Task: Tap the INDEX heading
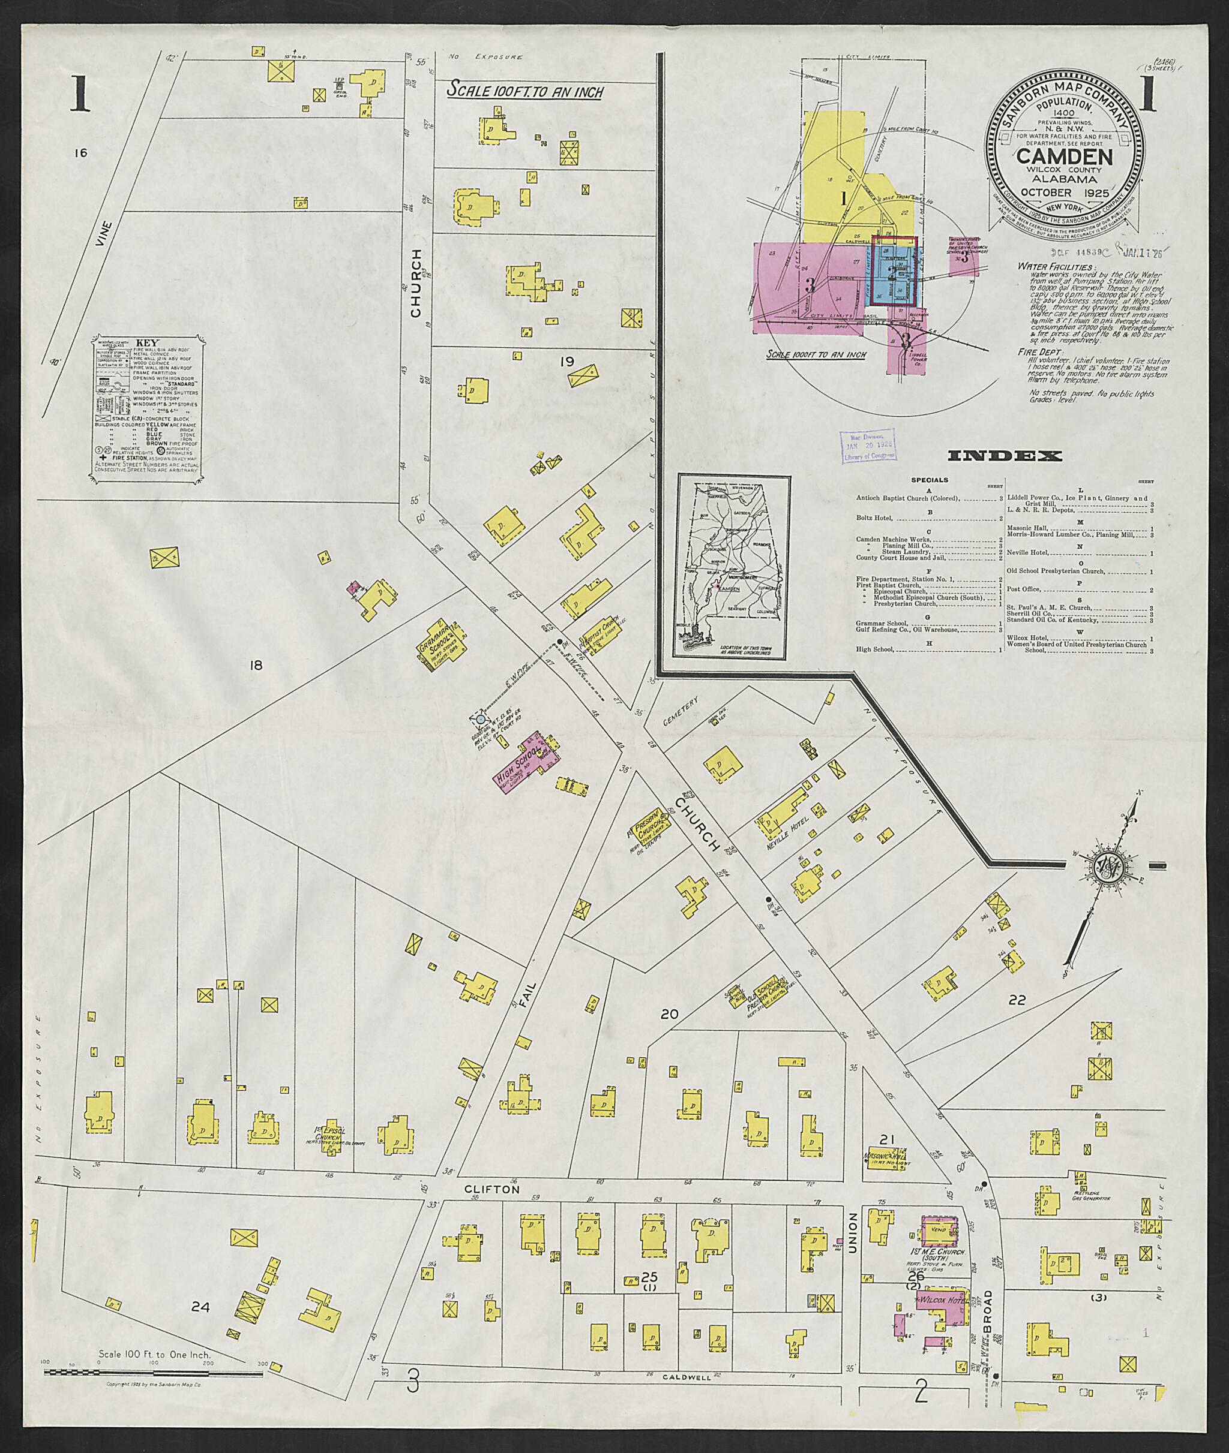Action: click(1005, 456)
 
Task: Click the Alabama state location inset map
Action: click(731, 567)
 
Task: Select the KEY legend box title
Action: click(147, 343)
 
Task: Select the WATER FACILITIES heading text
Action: click(1055, 266)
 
